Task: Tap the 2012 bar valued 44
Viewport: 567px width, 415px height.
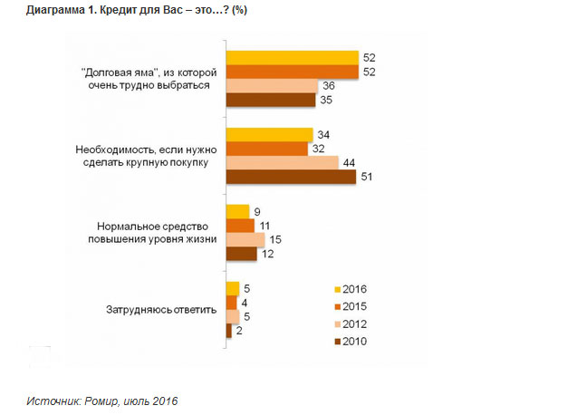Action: click(x=282, y=163)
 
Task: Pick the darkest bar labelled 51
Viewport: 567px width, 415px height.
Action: click(x=291, y=178)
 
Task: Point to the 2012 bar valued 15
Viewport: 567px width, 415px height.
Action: click(x=245, y=239)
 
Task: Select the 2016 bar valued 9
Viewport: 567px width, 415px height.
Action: click(x=236, y=211)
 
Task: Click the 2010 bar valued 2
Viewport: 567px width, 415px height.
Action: click(x=227, y=331)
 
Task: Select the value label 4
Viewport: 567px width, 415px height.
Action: click(x=246, y=302)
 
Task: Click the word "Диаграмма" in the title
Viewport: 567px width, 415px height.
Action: click(x=56, y=11)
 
